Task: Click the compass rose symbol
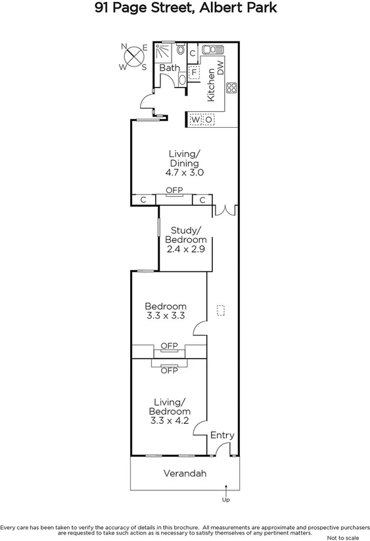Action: pos(135,56)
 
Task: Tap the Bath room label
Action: pos(169,68)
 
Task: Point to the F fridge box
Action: pos(194,72)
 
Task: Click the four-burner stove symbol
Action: pos(231,88)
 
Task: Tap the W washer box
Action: pos(196,120)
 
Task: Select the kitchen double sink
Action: pos(213,50)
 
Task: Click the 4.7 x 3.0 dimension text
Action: pos(185,172)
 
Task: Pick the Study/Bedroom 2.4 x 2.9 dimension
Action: pos(185,250)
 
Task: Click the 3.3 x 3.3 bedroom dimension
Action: pos(166,316)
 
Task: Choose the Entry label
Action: pos(222,436)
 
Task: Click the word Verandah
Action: pos(185,473)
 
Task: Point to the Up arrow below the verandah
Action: pos(226,490)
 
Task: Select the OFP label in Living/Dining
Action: pos(174,190)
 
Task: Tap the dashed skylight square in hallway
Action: pos(221,309)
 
